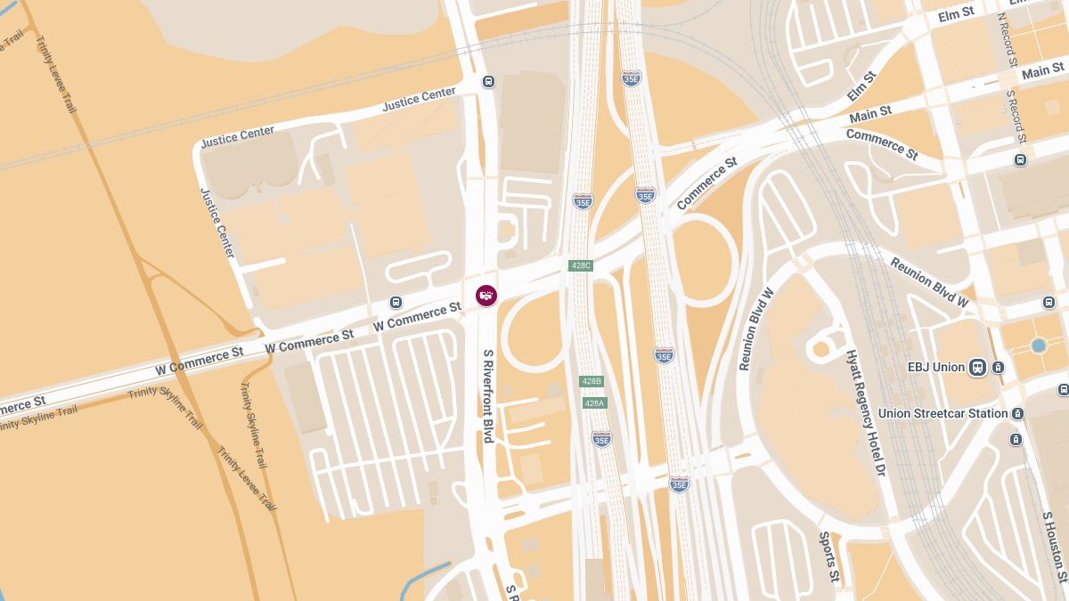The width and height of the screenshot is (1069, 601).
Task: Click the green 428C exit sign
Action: (581, 265)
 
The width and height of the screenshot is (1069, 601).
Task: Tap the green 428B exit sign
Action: (592, 381)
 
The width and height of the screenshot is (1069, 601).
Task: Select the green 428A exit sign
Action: (594, 403)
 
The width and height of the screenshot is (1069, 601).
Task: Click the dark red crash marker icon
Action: (486, 295)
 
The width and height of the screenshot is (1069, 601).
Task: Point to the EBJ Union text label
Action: (935, 367)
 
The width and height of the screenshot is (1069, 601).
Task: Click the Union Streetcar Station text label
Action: (943, 413)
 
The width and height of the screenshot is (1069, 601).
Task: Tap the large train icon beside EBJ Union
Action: (977, 367)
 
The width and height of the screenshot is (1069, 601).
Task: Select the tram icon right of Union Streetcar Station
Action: (1017, 414)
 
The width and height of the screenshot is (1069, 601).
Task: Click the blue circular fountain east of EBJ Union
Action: (1038, 345)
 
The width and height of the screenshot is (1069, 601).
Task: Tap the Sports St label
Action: (828, 555)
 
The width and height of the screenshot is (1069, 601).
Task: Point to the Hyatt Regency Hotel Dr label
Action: (867, 411)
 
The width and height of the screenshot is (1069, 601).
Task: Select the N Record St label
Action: (1007, 40)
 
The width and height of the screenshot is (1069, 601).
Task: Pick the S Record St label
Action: (1016, 116)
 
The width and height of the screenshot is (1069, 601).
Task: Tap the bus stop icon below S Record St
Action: (1020, 160)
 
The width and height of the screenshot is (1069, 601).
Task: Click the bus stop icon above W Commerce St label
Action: (396, 302)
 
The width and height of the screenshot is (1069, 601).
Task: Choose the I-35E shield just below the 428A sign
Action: (601, 438)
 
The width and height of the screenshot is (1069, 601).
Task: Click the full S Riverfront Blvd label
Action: (488, 396)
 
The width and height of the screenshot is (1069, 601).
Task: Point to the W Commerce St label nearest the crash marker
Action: (417, 316)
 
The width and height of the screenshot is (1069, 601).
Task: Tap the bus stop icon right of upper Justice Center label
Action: (488, 82)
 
